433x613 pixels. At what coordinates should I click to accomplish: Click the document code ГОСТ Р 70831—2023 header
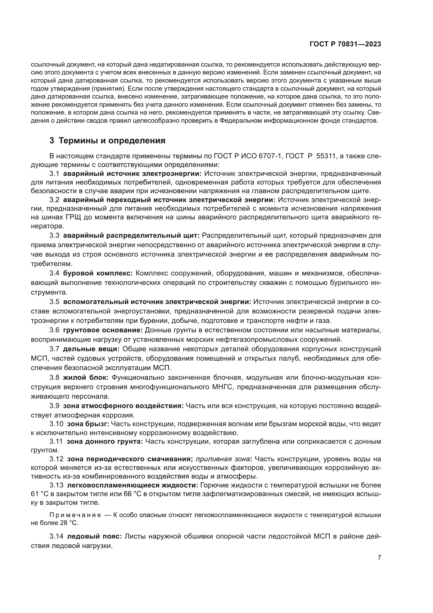345,44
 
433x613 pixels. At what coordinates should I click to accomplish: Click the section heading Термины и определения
112,141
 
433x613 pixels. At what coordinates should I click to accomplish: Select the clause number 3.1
54,174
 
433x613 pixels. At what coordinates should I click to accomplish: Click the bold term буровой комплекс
98,273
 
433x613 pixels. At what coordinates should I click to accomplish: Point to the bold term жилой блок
86,377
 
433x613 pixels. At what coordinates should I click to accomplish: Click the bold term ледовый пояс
95,537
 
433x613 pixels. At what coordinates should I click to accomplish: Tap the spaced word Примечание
75,515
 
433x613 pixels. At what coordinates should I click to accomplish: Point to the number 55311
326,156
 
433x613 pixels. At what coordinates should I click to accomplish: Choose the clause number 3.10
56,424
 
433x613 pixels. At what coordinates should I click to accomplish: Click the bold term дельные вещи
91,349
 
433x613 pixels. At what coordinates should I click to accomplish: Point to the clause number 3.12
56,459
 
